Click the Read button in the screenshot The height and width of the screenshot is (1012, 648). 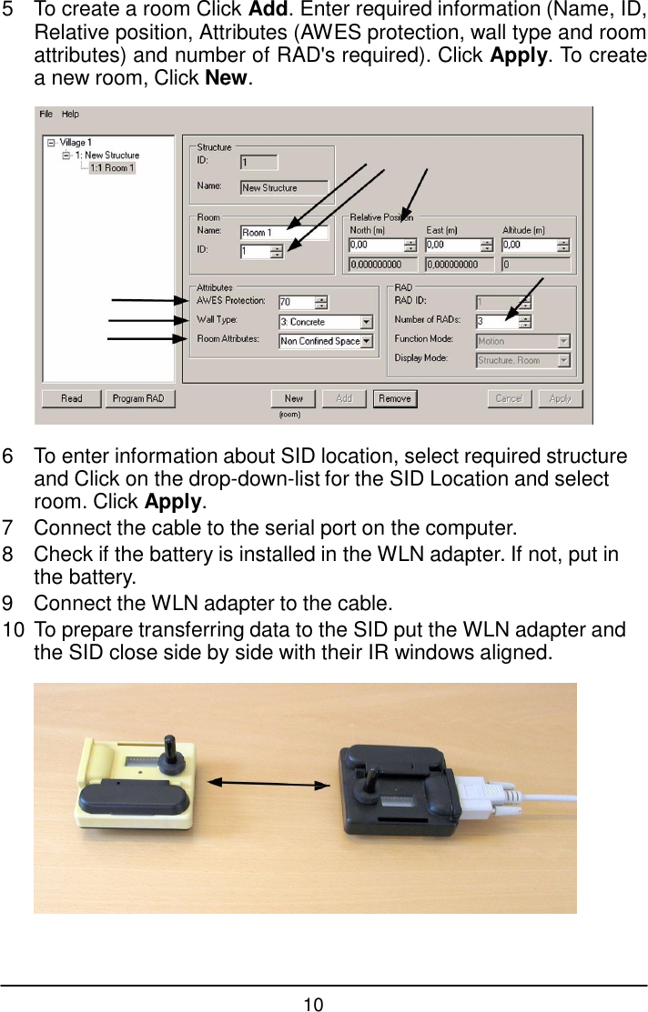coord(72,398)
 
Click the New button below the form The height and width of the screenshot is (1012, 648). coord(293,398)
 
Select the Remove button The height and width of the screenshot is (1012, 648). coord(394,398)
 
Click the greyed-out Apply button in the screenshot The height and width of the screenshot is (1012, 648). coord(560,398)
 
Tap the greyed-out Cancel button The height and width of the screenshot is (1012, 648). coord(509,398)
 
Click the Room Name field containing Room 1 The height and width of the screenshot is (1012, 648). coord(283,233)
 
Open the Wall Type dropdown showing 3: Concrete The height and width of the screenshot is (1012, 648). coord(325,322)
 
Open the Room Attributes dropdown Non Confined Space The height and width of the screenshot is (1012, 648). coord(325,341)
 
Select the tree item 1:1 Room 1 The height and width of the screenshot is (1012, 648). coord(112,168)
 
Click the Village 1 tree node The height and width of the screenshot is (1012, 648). coord(76,143)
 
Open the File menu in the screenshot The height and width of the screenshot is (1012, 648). coord(46,115)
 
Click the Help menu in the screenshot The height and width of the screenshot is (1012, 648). coord(70,115)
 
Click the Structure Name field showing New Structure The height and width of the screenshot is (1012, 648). coord(283,187)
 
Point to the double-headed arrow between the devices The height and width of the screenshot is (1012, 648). coord(269,781)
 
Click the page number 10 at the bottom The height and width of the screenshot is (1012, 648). coord(313,1004)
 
